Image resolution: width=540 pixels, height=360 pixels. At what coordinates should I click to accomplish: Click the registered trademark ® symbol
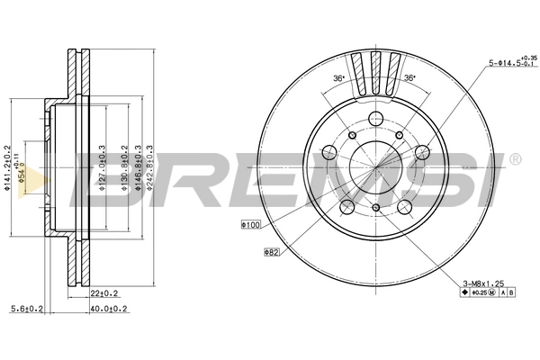click(515, 160)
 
